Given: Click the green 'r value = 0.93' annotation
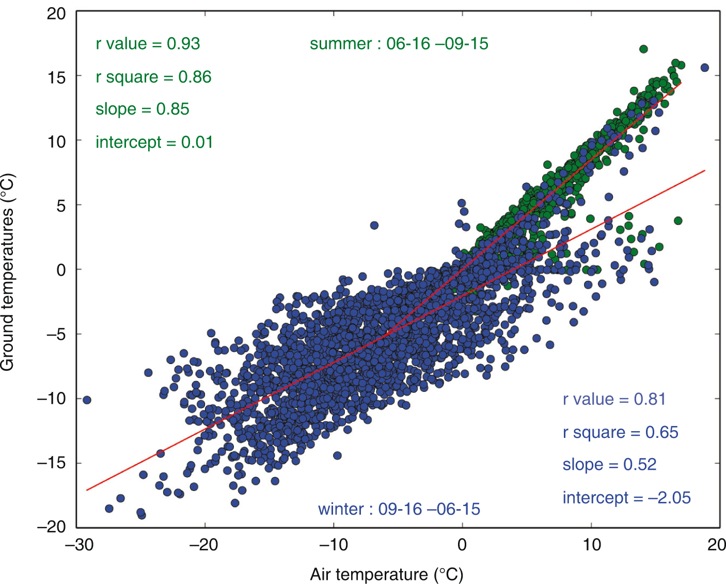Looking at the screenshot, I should tap(148, 44).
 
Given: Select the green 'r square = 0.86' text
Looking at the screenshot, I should tap(153, 77).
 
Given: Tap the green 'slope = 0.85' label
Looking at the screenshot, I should tap(142, 109).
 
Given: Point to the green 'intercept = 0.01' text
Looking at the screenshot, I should tap(154, 142).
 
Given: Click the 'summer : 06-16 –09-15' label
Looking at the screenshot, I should tap(399, 44).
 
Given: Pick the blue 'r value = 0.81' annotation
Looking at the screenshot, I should tap(614, 399).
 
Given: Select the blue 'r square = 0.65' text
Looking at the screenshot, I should tap(620, 432).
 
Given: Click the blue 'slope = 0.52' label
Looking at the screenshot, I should tap(609, 465).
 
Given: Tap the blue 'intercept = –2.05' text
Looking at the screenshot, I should tap(626, 498).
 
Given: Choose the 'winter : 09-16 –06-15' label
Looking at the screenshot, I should tap(399, 509).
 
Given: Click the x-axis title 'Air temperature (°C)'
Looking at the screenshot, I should tap(386, 574).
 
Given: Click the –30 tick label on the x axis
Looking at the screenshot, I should tap(77, 544).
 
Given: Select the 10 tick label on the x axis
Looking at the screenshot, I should tap(592, 544).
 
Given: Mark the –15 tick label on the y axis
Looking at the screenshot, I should tap(52, 463).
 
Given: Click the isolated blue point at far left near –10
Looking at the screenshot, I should tap(87, 400).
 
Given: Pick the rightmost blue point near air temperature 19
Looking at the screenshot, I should tap(704, 68).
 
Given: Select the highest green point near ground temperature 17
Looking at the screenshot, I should tap(643, 49).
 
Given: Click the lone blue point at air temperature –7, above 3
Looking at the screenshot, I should tap(374, 225).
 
